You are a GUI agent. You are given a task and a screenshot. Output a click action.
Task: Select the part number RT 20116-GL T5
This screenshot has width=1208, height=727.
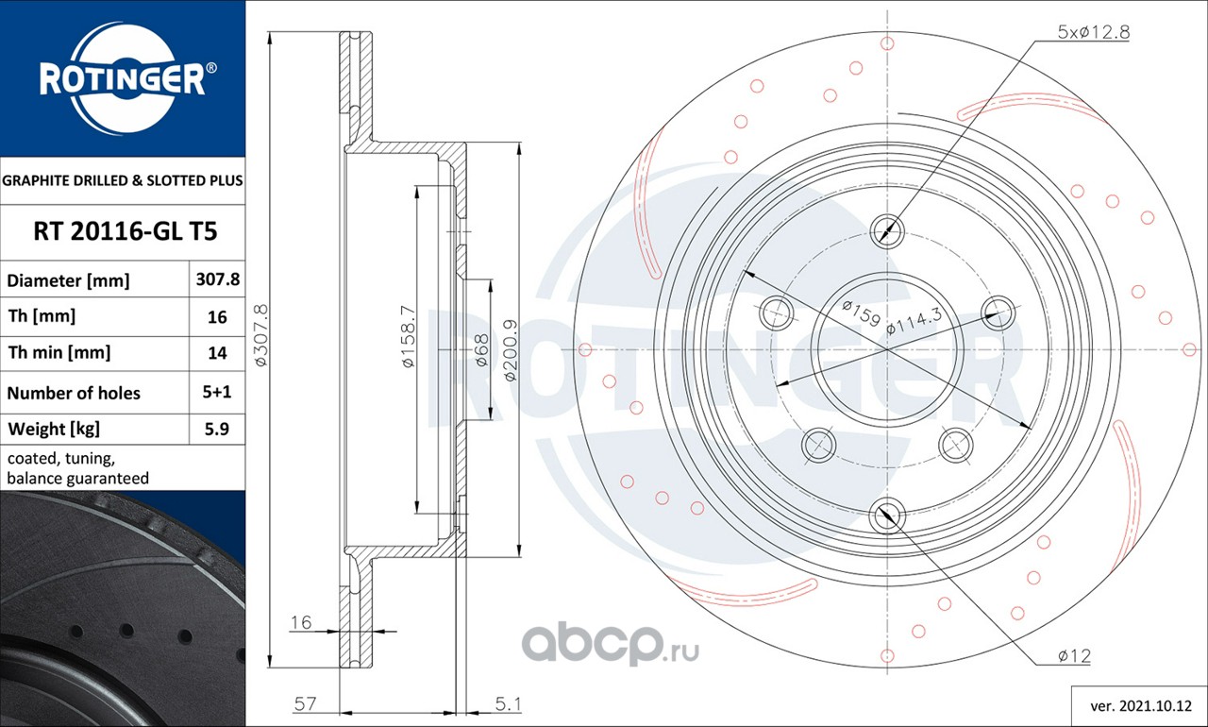(x=126, y=231)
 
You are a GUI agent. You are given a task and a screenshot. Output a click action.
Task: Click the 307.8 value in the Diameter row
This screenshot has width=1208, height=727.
(x=218, y=279)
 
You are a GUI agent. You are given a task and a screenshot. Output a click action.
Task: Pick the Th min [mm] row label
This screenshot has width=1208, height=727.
(x=59, y=353)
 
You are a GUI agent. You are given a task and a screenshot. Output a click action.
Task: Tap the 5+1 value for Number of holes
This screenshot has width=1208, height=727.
(x=217, y=392)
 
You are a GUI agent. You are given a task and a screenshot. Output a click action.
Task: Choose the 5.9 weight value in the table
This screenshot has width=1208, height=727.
(x=217, y=429)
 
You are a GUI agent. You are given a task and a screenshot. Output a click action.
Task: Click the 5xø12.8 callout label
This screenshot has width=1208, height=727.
(x=1094, y=32)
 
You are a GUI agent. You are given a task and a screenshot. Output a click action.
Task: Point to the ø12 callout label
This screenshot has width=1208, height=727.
(x=1075, y=656)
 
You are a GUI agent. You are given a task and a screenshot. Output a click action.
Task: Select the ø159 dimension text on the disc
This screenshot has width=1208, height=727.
(x=862, y=313)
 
